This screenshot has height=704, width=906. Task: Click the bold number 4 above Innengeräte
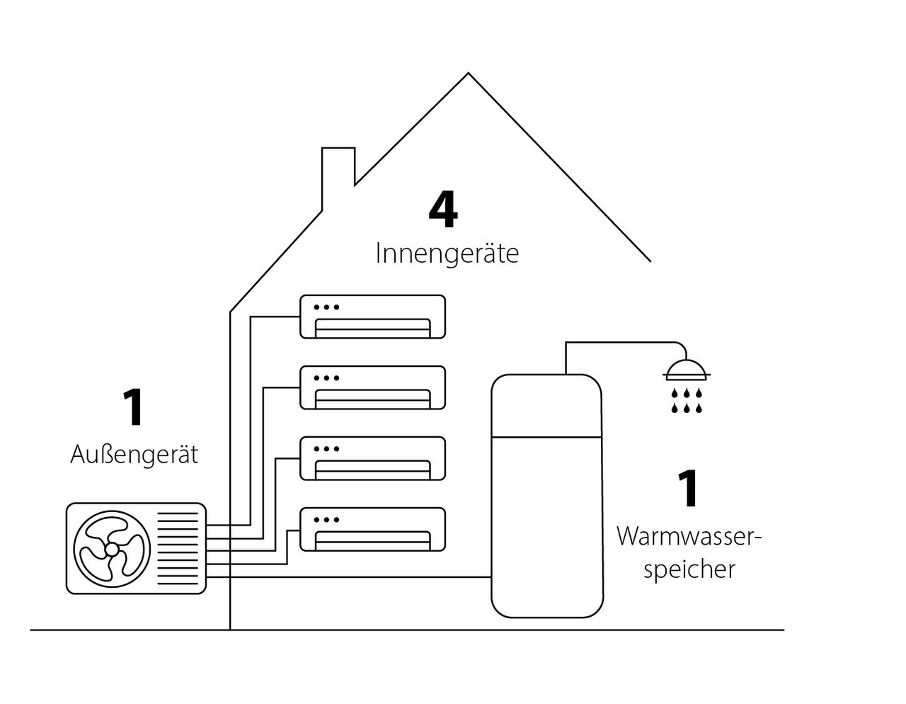(444, 210)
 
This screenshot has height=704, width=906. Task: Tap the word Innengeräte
(447, 254)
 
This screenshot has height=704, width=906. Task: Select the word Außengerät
(134, 455)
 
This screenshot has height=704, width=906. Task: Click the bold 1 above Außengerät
(133, 408)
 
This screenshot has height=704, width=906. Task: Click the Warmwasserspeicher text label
(689, 553)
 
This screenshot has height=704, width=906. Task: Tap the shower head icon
(687, 368)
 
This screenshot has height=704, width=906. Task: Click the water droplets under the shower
(687, 401)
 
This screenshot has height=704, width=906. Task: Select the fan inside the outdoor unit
(112, 548)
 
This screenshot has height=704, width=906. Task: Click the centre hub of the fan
(112, 550)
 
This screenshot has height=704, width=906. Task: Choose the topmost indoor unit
(373, 317)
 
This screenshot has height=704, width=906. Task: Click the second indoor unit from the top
(373, 387)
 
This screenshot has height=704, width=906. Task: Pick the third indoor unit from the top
(373, 458)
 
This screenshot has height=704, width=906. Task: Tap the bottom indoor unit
(373, 529)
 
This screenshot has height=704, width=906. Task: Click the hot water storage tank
(547, 496)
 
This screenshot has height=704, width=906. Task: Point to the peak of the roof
(469, 74)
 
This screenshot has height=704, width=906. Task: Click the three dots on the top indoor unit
(326, 307)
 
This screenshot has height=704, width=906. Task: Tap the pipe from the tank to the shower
(623, 344)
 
